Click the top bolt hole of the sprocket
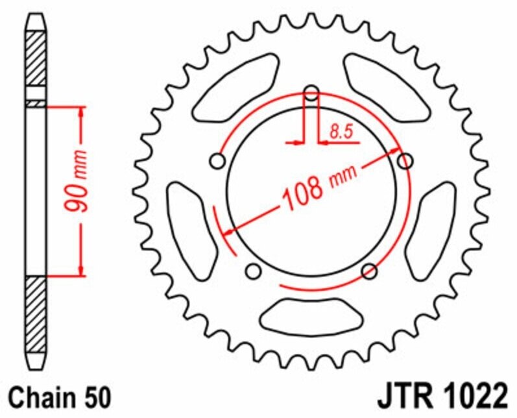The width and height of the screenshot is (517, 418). [311, 93]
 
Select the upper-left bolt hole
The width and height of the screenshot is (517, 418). [217, 160]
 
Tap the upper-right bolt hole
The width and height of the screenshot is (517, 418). [405, 160]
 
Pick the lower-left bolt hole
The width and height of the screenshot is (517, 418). [254, 269]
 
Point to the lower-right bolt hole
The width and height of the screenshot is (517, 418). [369, 270]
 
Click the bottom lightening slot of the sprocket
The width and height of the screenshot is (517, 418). [311, 316]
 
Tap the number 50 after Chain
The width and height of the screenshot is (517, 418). [97, 396]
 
